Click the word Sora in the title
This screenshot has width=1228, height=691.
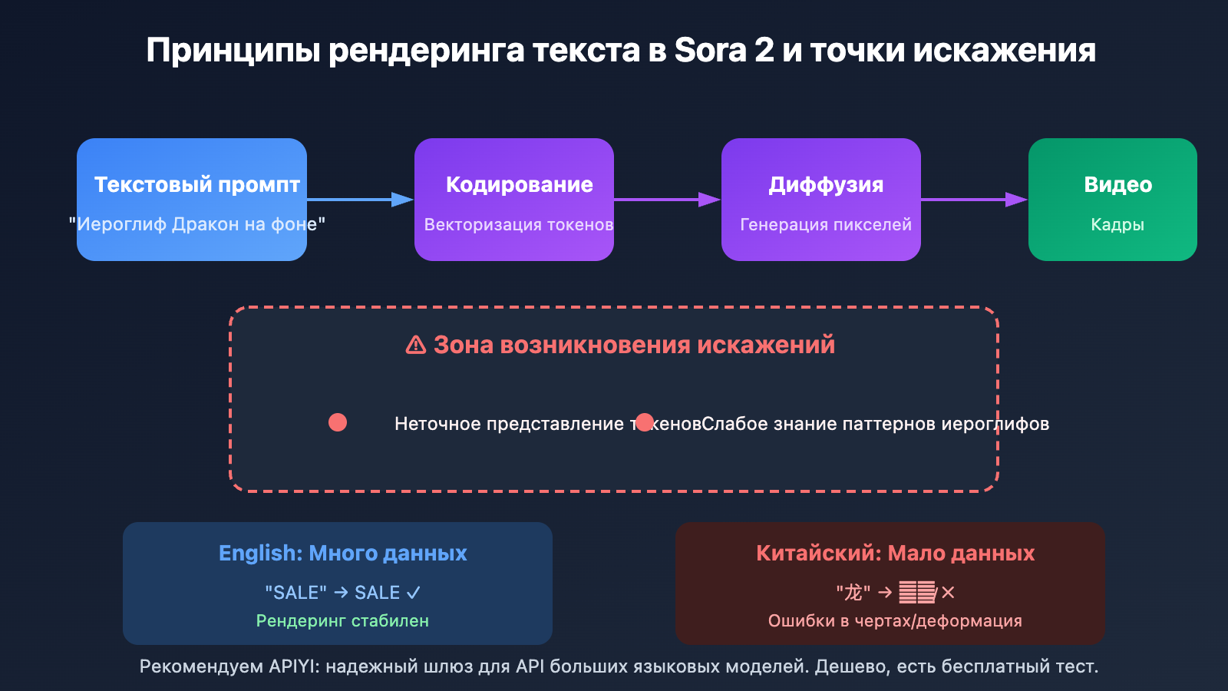tap(710, 51)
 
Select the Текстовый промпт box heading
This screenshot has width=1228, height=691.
tap(196, 184)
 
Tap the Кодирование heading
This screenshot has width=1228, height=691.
tap(519, 184)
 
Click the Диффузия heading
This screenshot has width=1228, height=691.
tap(826, 184)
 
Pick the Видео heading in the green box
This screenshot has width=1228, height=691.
tap(1117, 184)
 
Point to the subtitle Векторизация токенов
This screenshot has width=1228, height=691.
tap(519, 225)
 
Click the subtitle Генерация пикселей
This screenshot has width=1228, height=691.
tap(826, 225)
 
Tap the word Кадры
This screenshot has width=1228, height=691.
tap(1117, 225)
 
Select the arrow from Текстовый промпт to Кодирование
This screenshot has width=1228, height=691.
tap(360, 200)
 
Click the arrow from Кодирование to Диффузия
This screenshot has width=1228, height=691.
tap(667, 200)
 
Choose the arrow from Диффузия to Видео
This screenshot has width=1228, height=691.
tap(974, 200)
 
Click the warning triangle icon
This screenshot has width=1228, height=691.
tap(416, 345)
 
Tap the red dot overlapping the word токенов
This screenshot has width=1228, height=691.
tap(645, 422)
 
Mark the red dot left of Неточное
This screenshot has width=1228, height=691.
tap(338, 422)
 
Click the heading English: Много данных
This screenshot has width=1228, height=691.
tap(342, 553)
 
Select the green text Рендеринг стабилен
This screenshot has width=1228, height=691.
tap(342, 620)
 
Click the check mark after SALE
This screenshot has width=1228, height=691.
tap(414, 593)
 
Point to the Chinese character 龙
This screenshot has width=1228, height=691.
tap(853, 593)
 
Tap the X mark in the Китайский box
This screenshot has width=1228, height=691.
tap(949, 593)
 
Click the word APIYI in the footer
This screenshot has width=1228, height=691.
tap(292, 666)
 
